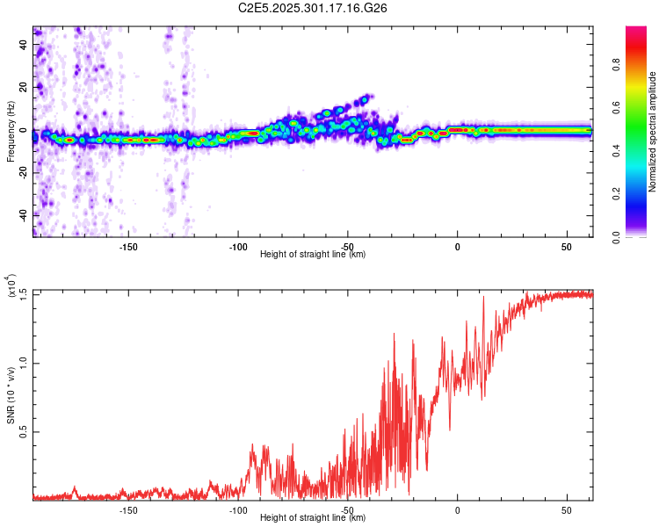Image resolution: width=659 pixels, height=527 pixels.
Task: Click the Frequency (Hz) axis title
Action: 11,132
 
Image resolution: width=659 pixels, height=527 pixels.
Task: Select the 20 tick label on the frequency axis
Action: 24,87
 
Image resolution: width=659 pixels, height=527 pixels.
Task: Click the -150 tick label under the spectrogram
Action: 128,246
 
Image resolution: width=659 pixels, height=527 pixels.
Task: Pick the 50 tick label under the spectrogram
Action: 566,246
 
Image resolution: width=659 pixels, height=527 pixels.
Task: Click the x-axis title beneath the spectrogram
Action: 313,254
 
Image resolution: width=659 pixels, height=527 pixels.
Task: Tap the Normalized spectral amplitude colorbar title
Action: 652,132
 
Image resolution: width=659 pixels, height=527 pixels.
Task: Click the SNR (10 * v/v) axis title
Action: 11,395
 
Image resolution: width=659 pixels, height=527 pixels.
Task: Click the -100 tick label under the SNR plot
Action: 237,509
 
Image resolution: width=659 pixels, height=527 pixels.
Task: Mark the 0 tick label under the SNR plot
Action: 457,509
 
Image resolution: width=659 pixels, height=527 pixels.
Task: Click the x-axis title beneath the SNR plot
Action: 313,517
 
